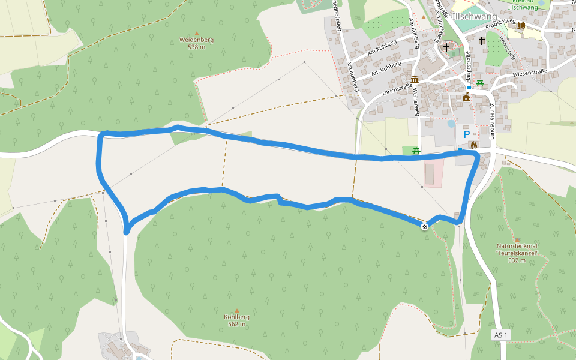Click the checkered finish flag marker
point(425,226)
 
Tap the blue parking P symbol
point(466,134)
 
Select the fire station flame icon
point(473,145)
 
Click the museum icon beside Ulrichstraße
point(415,80)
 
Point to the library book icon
point(520,26)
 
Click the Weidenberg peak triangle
point(196,33)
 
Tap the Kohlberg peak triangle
point(236,310)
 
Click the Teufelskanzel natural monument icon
point(517,239)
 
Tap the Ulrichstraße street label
point(397,91)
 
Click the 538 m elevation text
point(196,47)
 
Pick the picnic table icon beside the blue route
point(415,151)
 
